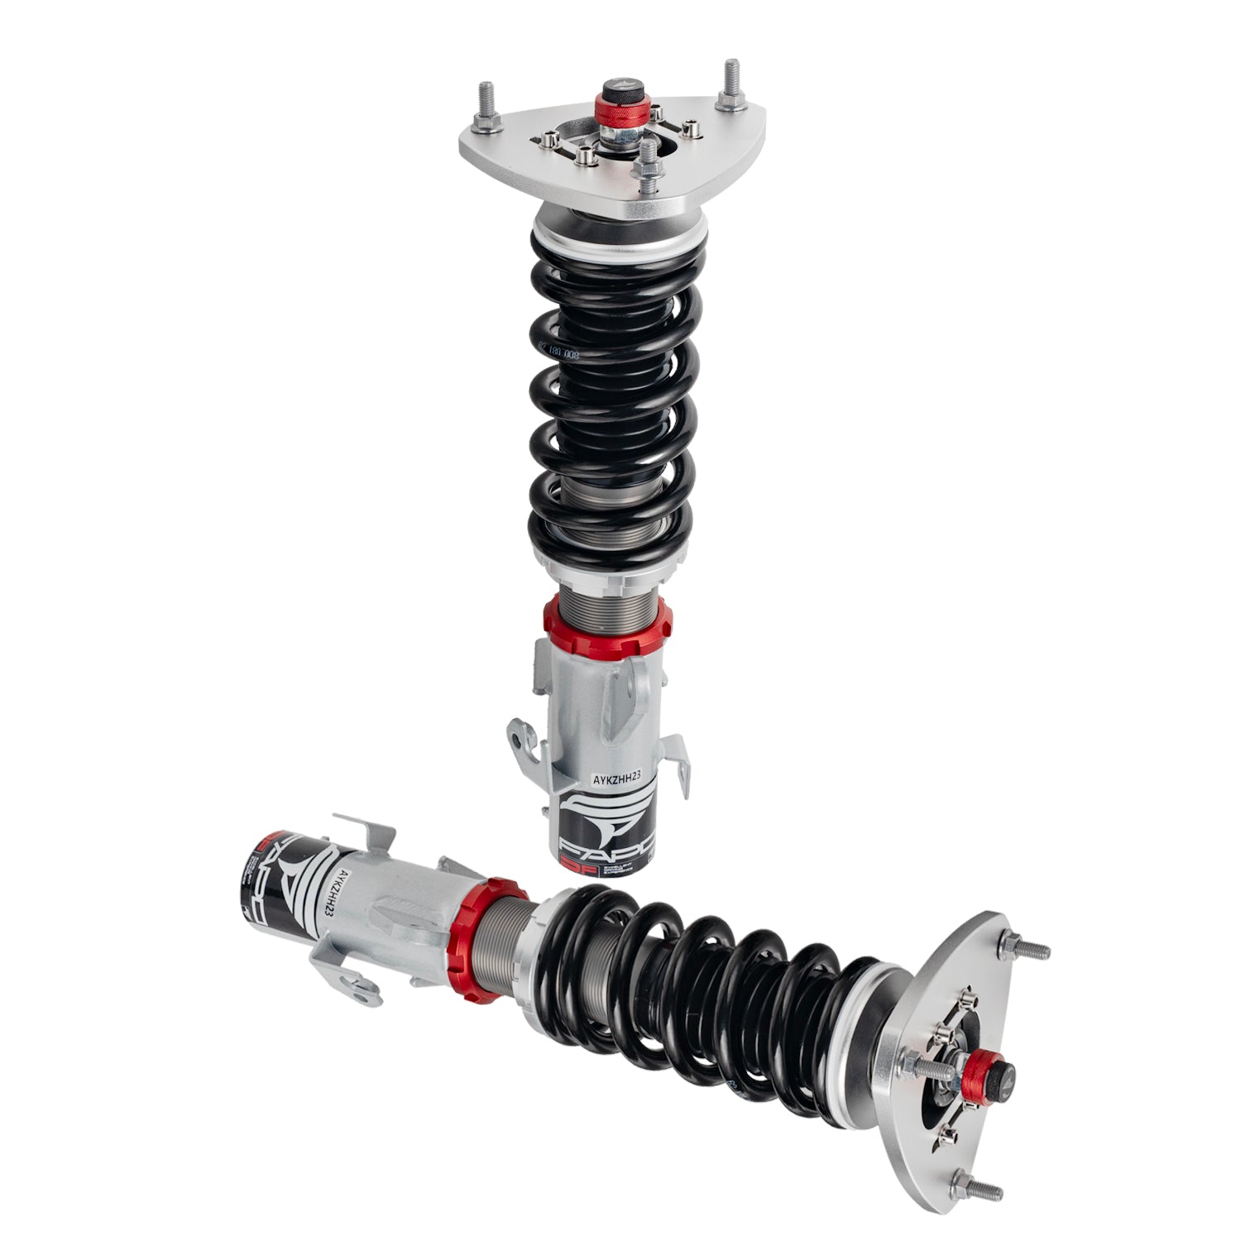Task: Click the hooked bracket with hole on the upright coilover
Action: pyautogui.click(x=520, y=735)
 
